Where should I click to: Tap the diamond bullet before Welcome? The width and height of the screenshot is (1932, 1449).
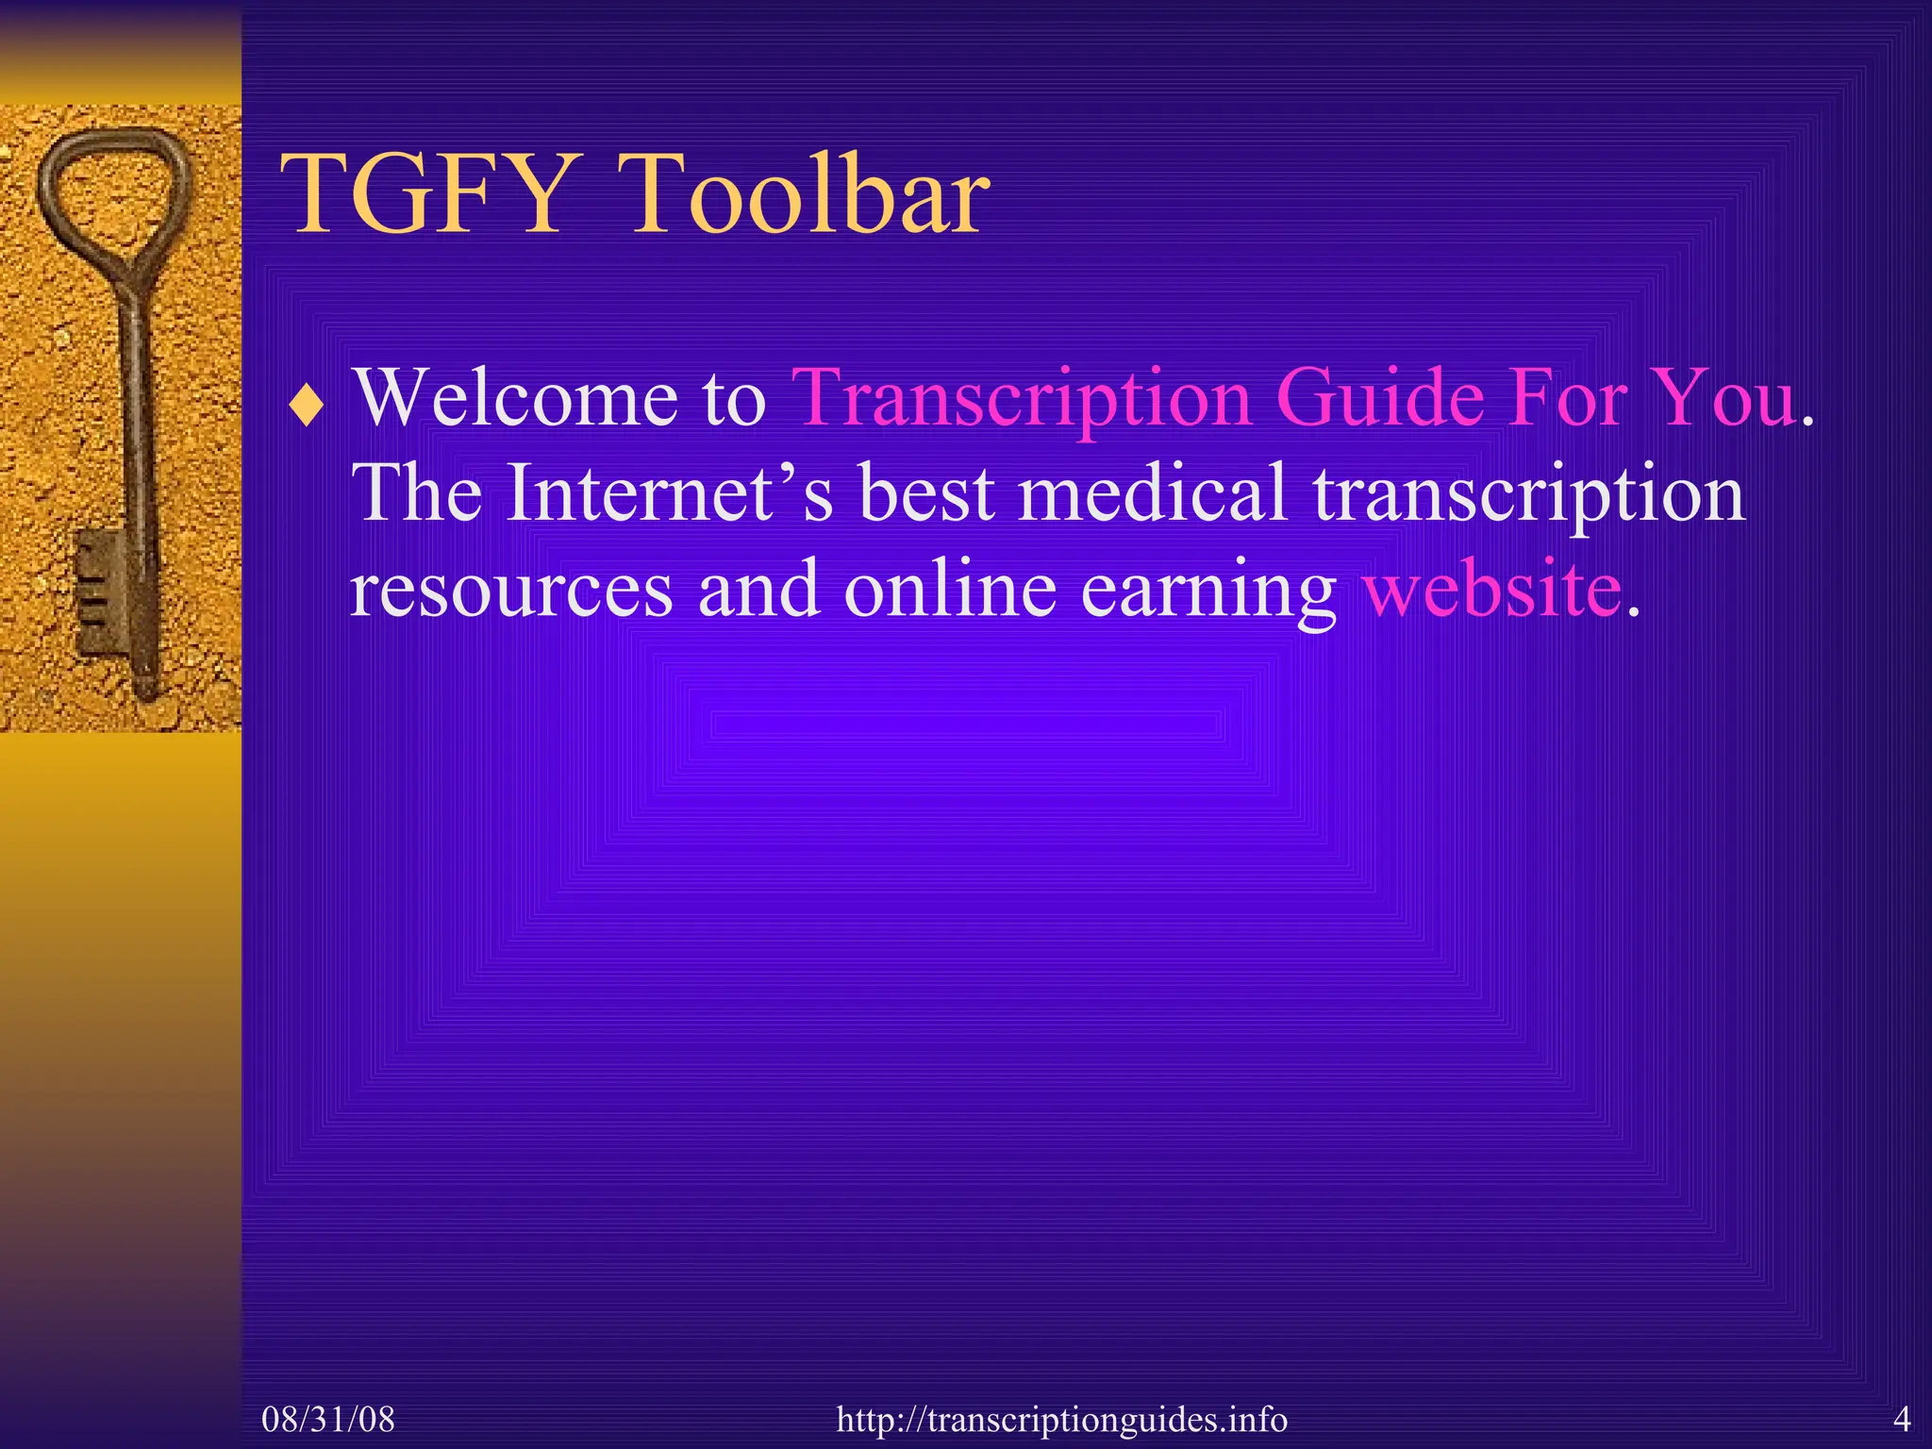307,408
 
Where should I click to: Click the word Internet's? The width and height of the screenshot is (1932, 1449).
670,492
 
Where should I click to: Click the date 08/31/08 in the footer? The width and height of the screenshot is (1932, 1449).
328,1419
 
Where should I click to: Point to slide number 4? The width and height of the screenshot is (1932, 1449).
1902,1419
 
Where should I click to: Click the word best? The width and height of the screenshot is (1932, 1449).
926,492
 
